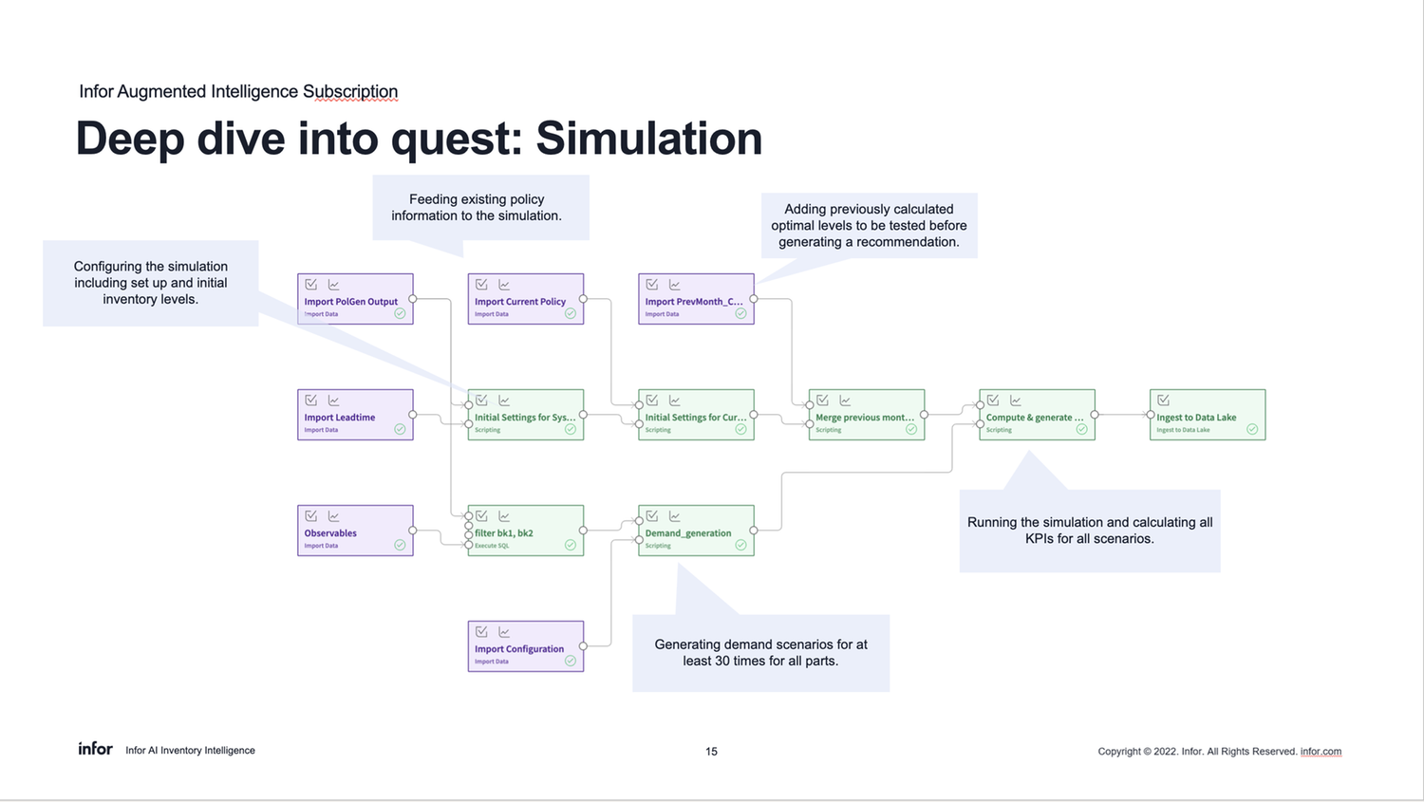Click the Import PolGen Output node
point(355,299)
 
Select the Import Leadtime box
point(355,415)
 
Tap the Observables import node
point(355,531)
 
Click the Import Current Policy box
point(525,299)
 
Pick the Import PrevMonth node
point(696,299)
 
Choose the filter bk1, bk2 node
point(525,531)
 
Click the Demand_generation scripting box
point(696,531)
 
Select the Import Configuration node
point(525,646)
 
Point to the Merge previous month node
point(866,415)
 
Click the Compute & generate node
point(1037,415)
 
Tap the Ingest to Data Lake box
point(1207,415)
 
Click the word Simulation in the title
point(648,139)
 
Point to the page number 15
point(711,752)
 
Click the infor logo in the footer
point(95,749)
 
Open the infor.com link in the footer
point(1321,752)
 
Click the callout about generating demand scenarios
point(760,653)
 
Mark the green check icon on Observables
point(400,545)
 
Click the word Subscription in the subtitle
point(350,92)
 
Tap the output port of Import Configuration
point(583,646)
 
